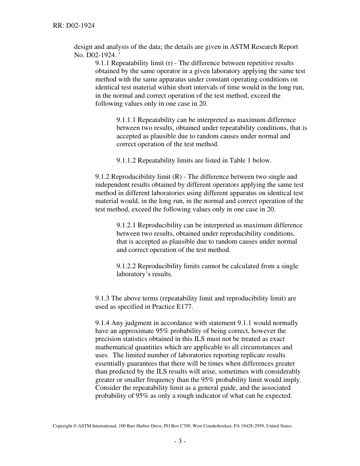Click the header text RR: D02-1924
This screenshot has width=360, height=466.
74,26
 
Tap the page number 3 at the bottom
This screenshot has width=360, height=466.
180,441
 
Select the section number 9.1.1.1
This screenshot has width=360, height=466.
127,120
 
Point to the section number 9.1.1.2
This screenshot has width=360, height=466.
127,160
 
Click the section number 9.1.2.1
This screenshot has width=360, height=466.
127,225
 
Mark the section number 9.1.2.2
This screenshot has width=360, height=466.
127,266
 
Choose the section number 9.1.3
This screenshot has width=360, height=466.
102,299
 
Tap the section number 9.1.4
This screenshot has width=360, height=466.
102,323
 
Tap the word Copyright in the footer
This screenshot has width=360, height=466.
62,426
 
